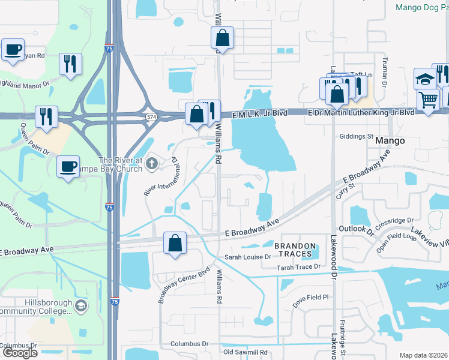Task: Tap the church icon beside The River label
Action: pos(152,163)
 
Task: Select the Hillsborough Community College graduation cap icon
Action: pos(80,307)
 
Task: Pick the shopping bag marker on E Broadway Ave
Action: pos(175,244)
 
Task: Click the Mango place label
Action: pos(390,141)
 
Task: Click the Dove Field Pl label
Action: pos(312,297)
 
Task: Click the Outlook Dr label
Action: pos(356,229)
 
